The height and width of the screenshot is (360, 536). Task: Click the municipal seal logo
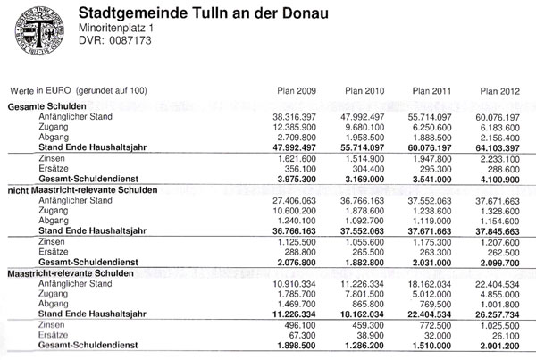tap(36, 30)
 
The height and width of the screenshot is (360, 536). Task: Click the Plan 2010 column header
tap(360, 91)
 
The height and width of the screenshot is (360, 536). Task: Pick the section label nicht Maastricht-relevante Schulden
tap(82, 191)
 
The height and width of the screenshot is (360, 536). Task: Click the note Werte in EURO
tap(77, 91)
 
